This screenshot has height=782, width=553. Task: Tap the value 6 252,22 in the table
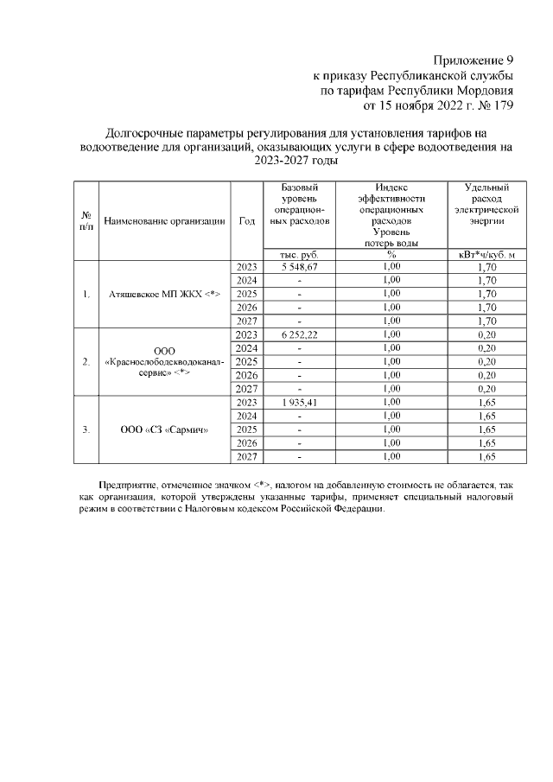pos(300,334)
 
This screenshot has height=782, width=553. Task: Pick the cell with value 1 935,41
pos(300,402)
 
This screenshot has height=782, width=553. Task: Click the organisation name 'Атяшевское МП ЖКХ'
pos(166,294)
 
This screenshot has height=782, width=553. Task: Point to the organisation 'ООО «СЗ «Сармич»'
pos(166,429)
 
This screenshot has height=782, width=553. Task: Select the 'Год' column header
pos(246,221)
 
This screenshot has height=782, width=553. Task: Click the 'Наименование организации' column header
pos(166,221)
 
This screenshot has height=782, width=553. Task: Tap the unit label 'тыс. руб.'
pos(300,254)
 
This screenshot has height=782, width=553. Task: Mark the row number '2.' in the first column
pos(86,361)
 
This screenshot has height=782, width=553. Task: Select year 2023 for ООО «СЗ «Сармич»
pos(247,402)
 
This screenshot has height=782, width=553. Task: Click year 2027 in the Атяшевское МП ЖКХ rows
pos(247,321)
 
